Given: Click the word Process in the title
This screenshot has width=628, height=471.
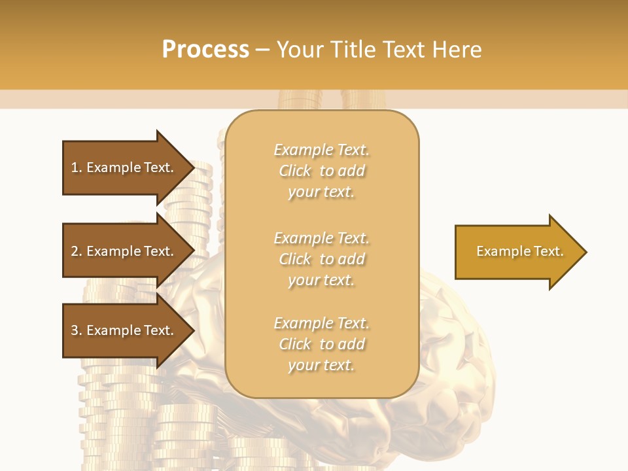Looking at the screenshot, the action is (x=205, y=50).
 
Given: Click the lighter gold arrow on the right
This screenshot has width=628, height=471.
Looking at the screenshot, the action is (x=517, y=252).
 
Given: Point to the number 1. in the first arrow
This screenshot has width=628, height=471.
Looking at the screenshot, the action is (x=77, y=167).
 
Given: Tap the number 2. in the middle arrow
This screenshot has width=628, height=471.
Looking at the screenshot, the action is (x=77, y=251).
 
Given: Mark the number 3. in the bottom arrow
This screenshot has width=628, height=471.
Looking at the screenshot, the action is (x=77, y=330).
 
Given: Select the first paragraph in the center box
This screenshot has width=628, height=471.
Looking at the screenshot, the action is (x=321, y=171).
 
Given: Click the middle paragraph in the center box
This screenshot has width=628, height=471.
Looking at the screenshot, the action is (x=321, y=259).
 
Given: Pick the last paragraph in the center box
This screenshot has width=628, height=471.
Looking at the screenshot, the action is (x=321, y=344).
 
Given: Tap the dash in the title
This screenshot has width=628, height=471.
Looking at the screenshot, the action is (x=262, y=50).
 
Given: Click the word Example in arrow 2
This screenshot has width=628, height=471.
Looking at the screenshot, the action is (x=113, y=251).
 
